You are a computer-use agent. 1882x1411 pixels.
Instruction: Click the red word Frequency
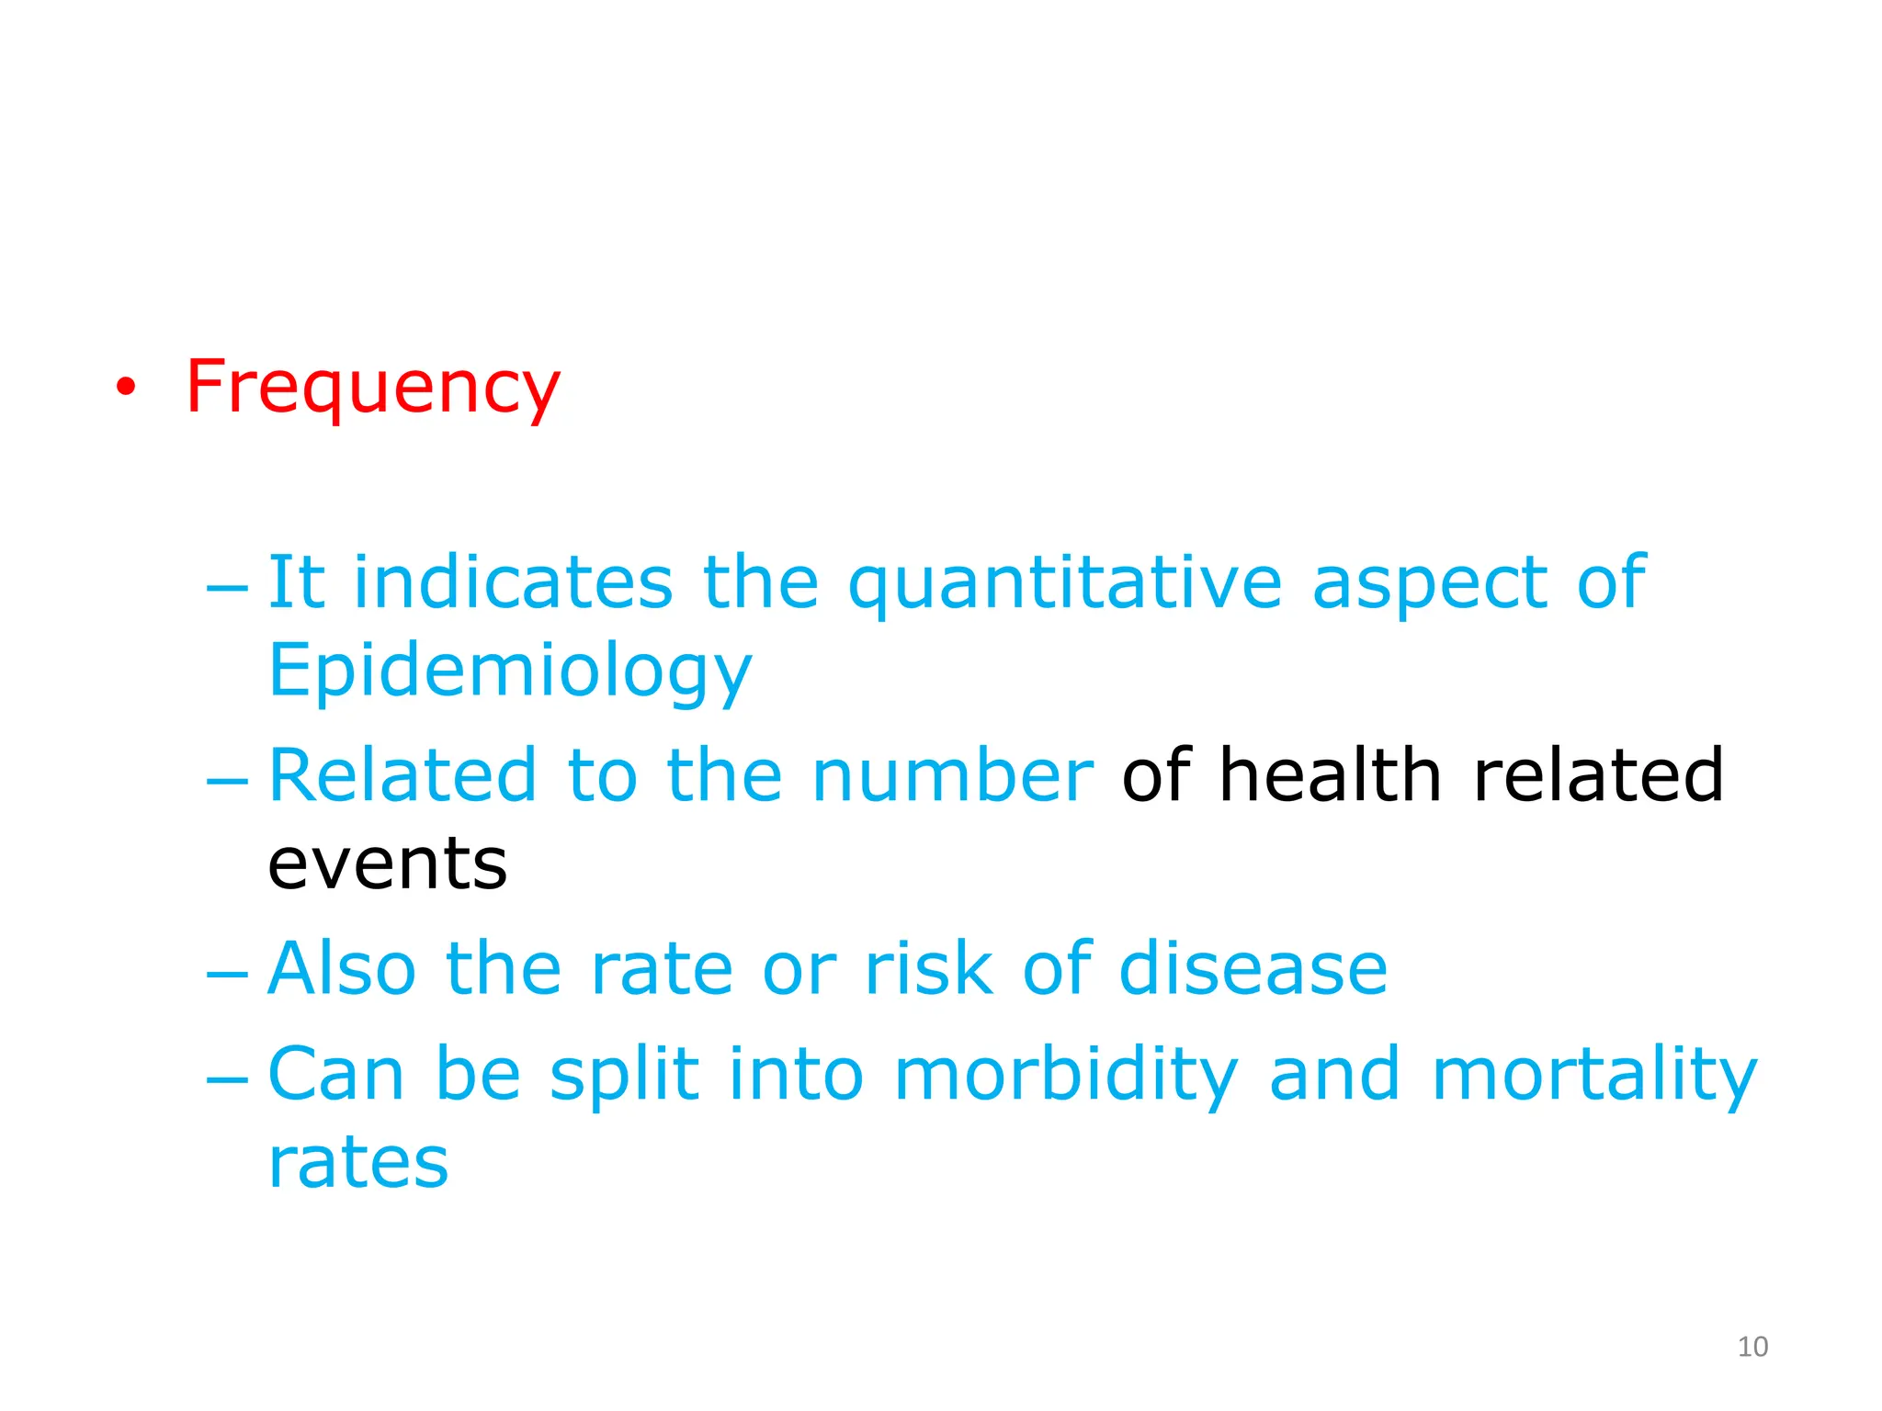[372, 388]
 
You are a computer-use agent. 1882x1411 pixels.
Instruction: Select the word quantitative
[1064, 583]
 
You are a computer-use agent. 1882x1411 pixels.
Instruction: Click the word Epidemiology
[510, 672]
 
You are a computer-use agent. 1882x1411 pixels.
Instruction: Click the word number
[953, 775]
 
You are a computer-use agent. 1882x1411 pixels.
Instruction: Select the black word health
[1330, 775]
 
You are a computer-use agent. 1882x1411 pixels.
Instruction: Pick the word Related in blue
[402, 775]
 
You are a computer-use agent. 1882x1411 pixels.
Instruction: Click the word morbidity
[1066, 1075]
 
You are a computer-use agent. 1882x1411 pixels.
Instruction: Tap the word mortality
[1594, 1075]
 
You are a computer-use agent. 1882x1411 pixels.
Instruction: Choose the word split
[624, 1075]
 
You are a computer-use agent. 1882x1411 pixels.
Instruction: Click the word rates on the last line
[358, 1163]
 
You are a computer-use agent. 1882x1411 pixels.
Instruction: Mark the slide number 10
[1752, 1347]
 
